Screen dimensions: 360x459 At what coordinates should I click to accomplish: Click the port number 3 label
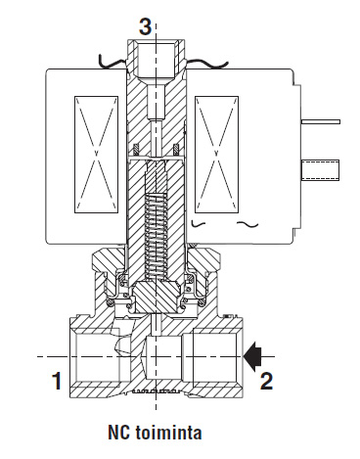146,26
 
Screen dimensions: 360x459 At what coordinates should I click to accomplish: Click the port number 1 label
57,381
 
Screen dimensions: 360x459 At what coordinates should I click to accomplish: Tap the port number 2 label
266,381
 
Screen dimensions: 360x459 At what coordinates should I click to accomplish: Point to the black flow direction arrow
253,356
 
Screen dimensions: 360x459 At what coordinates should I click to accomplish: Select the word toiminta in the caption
168,433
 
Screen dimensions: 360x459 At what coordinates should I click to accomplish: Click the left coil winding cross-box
96,155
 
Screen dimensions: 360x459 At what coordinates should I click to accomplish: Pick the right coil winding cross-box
216,155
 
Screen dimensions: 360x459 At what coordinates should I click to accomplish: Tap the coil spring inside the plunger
157,237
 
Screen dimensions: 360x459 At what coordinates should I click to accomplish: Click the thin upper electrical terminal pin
321,121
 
